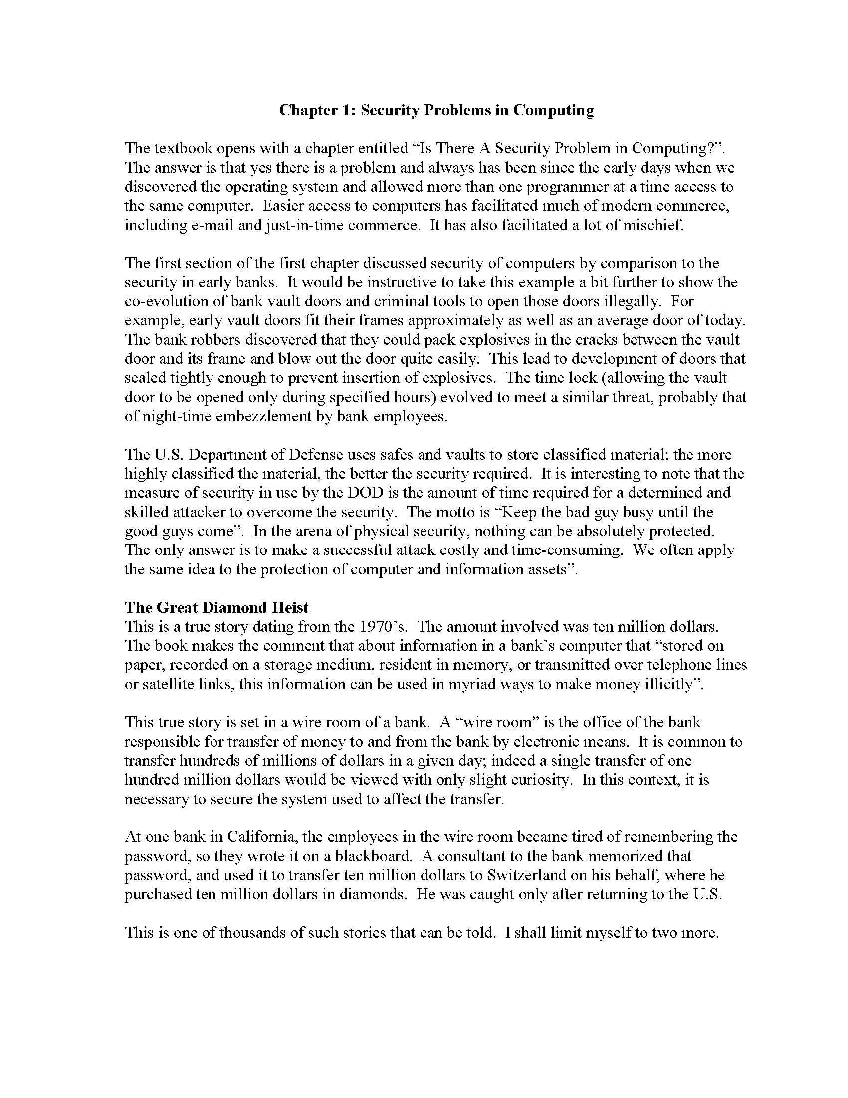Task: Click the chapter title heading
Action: point(436,110)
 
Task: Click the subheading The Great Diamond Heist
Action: point(216,607)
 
